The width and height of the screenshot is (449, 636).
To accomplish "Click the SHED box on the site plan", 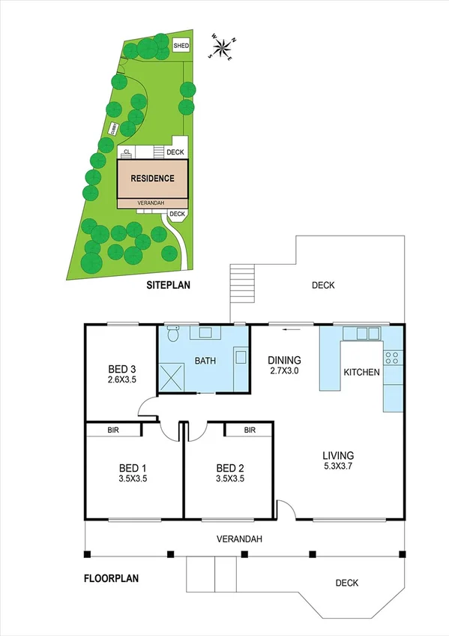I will pos(181,46).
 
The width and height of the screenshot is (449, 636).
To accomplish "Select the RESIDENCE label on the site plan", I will pos(152,178).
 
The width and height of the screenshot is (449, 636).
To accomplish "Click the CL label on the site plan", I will pos(127,151).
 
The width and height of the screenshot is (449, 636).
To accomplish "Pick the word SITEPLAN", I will pos(169,286).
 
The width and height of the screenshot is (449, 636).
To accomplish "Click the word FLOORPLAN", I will pos(110,578).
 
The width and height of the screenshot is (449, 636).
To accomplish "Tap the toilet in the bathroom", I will pos(172,334).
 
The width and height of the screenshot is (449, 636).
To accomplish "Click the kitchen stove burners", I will pos(393,358).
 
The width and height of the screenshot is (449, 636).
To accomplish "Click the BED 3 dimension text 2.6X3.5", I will pos(122,379).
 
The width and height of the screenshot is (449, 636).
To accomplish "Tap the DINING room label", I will pos(285,359).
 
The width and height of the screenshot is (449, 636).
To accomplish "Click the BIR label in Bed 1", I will pos(113,430).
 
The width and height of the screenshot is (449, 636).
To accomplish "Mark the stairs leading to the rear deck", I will pos(241,284).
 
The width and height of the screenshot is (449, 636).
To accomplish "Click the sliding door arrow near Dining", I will pos(286,328).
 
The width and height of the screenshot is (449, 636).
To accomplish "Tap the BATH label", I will pos(205,361).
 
